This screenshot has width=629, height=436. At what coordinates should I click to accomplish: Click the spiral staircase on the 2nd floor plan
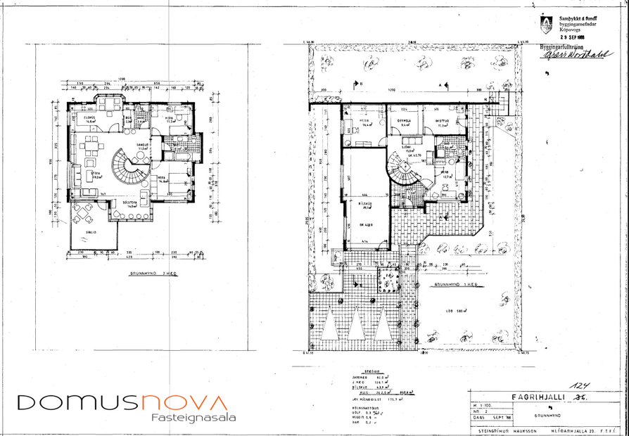[131, 169]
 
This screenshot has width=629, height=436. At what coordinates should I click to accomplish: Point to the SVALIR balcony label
[91, 231]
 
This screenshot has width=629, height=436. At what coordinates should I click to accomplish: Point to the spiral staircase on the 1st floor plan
[405, 172]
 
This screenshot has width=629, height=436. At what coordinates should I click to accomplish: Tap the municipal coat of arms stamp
[545, 25]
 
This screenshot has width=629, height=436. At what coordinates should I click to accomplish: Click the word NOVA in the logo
[185, 403]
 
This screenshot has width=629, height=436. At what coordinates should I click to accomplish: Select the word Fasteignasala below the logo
[194, 418]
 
